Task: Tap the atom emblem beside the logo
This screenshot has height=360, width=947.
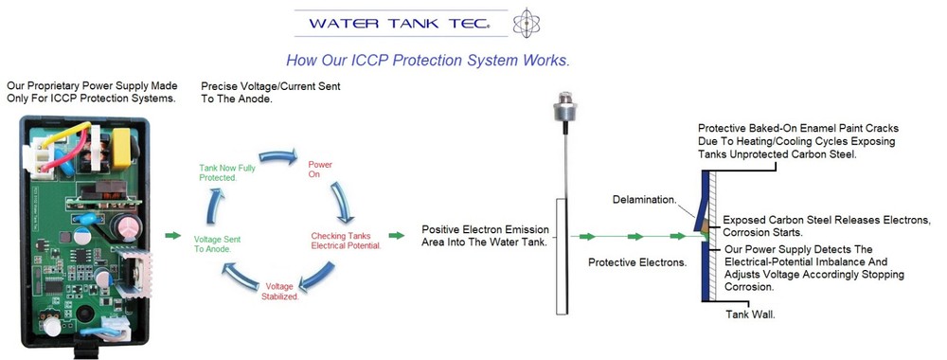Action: point(524,22)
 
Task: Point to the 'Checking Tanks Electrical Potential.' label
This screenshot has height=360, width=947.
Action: point(346,240)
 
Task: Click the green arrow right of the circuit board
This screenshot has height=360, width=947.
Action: point(171,235)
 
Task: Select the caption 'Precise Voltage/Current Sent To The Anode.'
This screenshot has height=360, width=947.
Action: point(270,92)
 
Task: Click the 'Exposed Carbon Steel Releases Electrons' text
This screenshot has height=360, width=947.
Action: point(827,220)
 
